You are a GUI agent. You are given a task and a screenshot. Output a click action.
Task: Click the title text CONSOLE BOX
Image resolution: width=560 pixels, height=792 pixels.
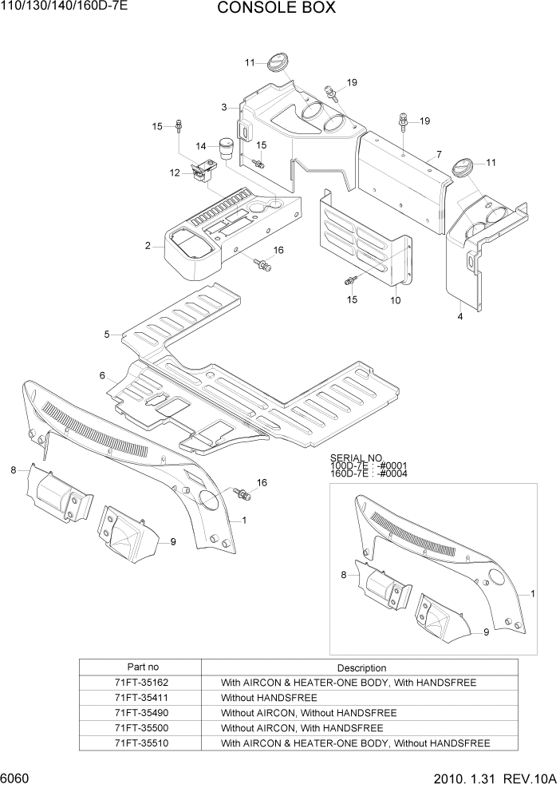pos(276,9)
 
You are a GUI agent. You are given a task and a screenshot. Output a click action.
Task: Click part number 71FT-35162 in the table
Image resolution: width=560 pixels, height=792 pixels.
pos(142,683)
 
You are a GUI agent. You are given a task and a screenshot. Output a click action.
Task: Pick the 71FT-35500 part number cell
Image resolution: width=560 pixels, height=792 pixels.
pos(142,728)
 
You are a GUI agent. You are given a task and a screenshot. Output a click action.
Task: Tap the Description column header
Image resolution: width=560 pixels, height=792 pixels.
pos(361,667)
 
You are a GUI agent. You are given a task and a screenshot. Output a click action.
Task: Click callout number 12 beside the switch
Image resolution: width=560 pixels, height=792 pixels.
pos(174,172)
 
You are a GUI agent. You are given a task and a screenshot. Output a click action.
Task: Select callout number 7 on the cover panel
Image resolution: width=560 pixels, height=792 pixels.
pos(439,154)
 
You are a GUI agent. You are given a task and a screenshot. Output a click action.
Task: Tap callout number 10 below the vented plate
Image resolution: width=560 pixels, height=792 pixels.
pos(396,300)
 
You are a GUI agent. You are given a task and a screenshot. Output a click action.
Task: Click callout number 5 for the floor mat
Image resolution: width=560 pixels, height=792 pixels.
pos(107,335)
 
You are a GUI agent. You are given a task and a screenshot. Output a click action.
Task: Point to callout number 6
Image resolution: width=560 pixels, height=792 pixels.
pos(102,375)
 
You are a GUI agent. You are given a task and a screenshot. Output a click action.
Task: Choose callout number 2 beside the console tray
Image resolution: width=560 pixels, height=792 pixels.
pos(148,246)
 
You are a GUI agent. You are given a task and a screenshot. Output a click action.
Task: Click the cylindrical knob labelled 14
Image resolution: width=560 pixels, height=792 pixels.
pos(225,149)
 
